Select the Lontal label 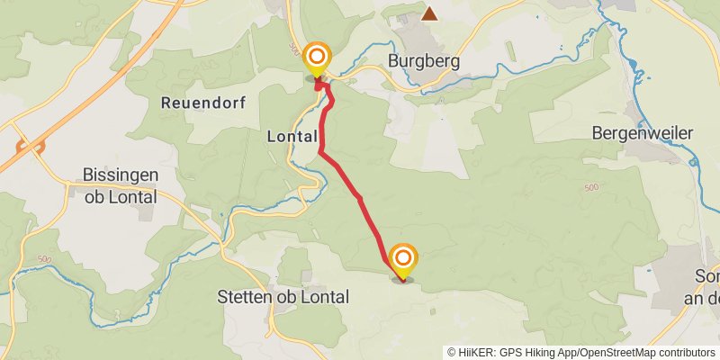coord(292,137)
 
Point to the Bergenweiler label coord(643,132)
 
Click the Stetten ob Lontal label coord(283,296)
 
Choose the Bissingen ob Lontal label coord(121,185)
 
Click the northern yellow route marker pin coord(317,58)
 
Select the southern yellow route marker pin coord(403,259)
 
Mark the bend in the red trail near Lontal coord(321,153)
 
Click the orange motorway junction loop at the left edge coord(30,145)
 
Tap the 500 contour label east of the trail coord(590,187)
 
